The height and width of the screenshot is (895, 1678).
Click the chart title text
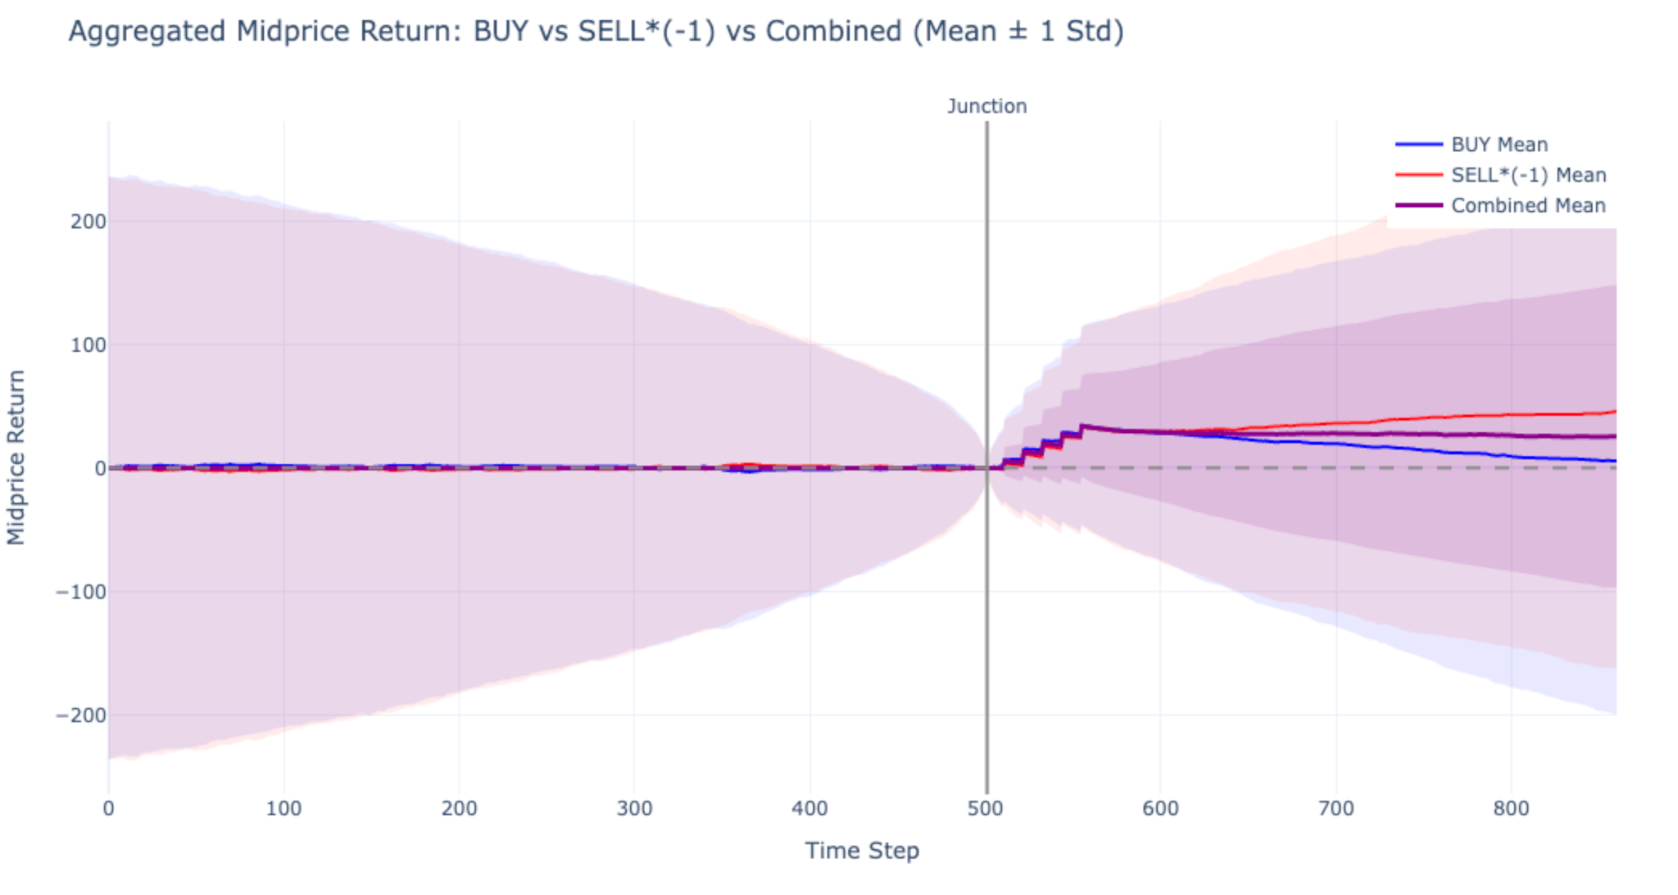(x=596, y=31)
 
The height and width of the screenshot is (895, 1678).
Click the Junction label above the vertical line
(x=986, y=106)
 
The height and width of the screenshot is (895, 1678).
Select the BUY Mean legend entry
(x=1499, y=144)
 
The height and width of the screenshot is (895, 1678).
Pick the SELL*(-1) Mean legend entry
(x=1528, y=175)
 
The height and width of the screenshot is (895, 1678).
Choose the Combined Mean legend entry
(x=1527, y=206)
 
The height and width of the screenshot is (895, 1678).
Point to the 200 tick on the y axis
(x=88, y=221)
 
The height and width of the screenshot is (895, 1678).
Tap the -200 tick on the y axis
(x=81, y=715)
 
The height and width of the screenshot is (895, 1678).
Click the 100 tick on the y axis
(x=88, y=345)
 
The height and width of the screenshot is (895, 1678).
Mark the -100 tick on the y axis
(x=81, y=592)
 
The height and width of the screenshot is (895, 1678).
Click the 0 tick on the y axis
(x=100, y=469)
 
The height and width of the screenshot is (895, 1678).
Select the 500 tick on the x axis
(x=986, y=808)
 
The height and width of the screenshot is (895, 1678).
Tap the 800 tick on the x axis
(x=1511, y=808)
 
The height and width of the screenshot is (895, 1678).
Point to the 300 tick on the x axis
(x=635, y=808)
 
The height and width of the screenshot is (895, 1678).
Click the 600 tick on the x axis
(x=1160, y=808)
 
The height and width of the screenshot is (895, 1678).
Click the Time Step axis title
(x=861, y=851)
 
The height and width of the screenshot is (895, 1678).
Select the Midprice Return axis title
(x=16, y=457)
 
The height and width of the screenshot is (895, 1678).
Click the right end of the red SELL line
(x=1614, y=411)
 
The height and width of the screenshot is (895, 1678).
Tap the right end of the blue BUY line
(x=1614, y=461)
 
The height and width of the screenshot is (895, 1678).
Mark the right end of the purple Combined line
(x=1614, y=436)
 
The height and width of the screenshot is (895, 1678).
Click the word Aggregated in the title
(x=147, y=31)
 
